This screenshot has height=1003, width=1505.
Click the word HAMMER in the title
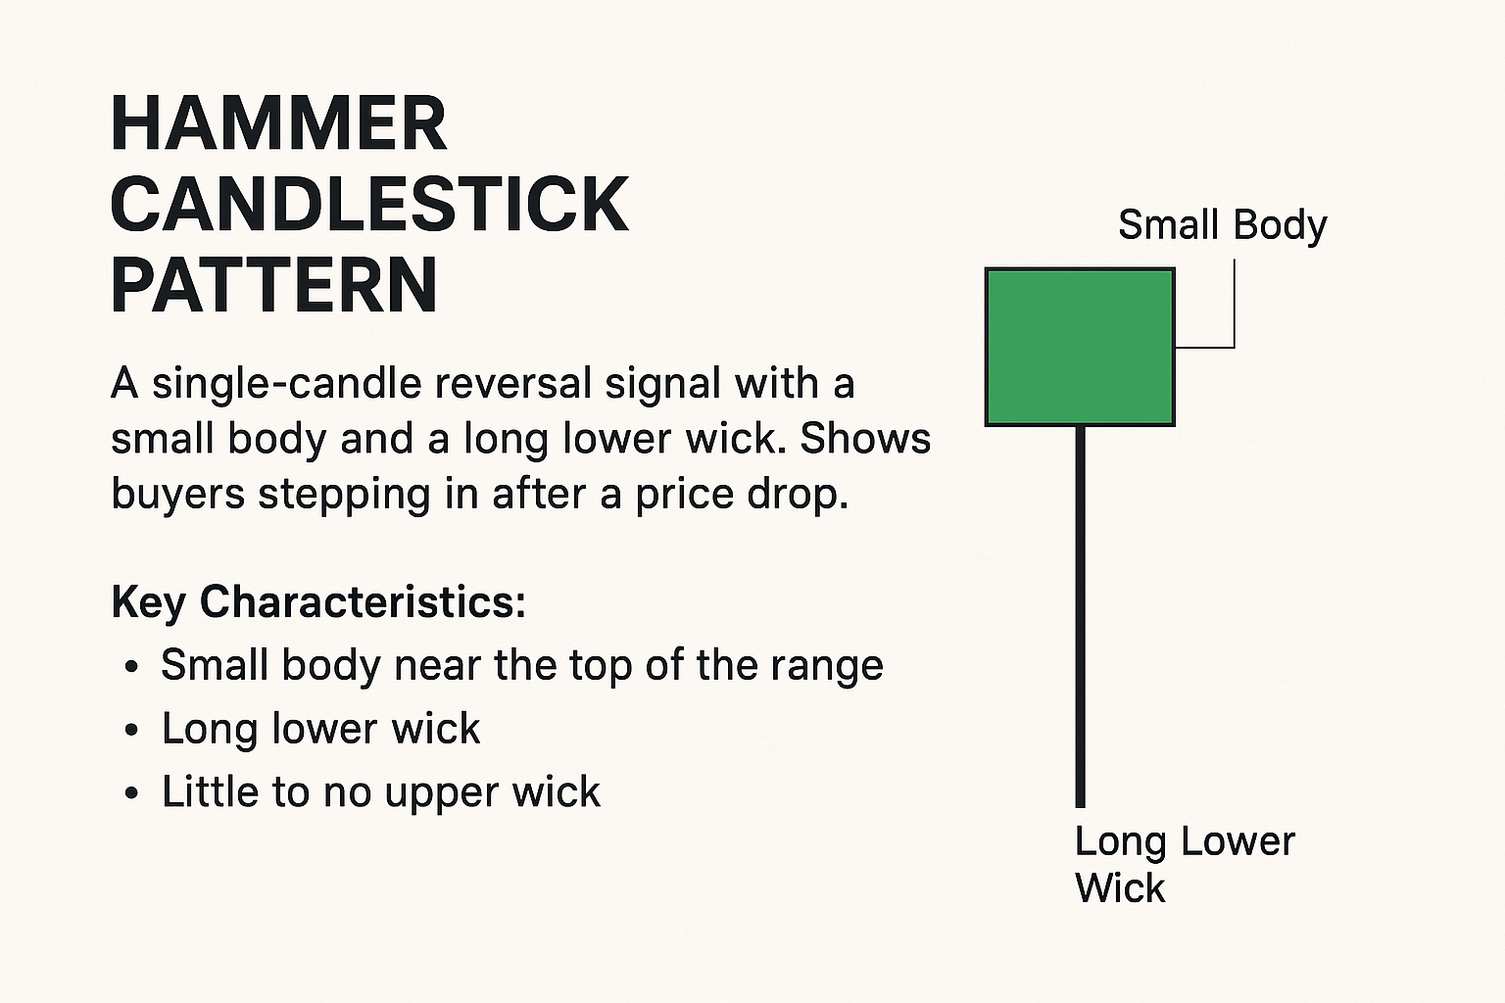tap(279, 124)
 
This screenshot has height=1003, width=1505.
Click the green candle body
tap(1080, 347)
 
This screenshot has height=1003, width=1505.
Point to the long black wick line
tap(1081, 617)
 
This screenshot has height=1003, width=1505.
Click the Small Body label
tap(1222, 225)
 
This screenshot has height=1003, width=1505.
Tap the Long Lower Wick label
tap(1185, 864)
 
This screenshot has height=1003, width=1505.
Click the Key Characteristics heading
tap(318, 602)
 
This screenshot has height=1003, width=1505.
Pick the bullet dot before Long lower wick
tap(131, 731)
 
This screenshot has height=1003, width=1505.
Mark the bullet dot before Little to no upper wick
tap(131, 793)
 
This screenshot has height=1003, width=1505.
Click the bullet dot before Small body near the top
tap(131, 667)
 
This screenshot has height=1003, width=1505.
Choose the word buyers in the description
tap(177, 496)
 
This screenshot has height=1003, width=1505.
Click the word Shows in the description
tap(865, 439)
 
